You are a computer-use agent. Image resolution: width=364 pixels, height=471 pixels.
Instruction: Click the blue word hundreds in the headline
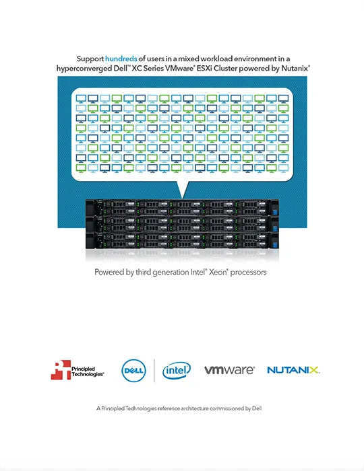[x=121, y=59]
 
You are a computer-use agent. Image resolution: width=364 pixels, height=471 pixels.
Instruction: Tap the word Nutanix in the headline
[x=295, y=69]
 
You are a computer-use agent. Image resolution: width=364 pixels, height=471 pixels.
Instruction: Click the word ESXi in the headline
[x=204, y=69]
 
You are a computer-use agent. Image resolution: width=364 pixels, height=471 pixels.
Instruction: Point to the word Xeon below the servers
[x=218, y=272]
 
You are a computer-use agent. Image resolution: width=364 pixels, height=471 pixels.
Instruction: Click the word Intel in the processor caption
[x=198, y=272]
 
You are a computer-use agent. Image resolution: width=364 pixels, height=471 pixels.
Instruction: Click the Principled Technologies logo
[x=78, y=370]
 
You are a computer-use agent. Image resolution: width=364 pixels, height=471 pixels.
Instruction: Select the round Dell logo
[x=134, y=370]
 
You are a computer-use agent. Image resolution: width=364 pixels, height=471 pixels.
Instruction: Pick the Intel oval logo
[x=177, y=370]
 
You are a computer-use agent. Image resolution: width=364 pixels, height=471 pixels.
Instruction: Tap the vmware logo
[x=229, y=370]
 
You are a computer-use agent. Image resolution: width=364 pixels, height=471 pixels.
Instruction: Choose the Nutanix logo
[x=293, y=370]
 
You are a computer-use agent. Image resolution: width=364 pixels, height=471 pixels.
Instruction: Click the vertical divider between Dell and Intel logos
[x=154, y=370]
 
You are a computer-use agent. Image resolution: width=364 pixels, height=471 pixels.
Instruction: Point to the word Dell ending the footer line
[x=257, y=408]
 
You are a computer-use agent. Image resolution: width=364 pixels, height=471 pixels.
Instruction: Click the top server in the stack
[x=182, y=207]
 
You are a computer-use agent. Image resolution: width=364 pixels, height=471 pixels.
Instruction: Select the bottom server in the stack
[x=182, y=240]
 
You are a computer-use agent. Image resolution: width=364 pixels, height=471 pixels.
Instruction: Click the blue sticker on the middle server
[x=275, y=229]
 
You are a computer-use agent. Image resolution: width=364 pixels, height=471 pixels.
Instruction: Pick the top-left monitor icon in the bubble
[x=81, y=99]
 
